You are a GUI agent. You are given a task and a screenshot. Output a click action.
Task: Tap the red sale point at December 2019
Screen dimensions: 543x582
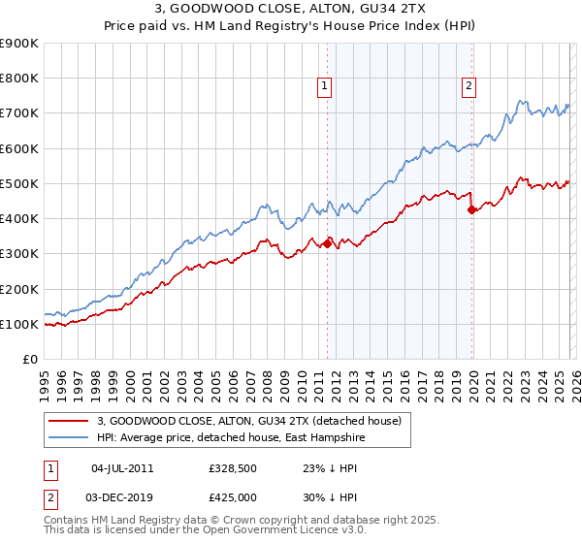point(471,208)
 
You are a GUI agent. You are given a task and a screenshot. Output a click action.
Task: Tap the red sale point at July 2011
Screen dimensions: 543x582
point(327,243)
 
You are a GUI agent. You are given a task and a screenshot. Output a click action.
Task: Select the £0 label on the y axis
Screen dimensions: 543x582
point(29,360)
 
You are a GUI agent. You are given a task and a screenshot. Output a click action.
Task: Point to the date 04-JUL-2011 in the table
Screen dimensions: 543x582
point(121,468)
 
